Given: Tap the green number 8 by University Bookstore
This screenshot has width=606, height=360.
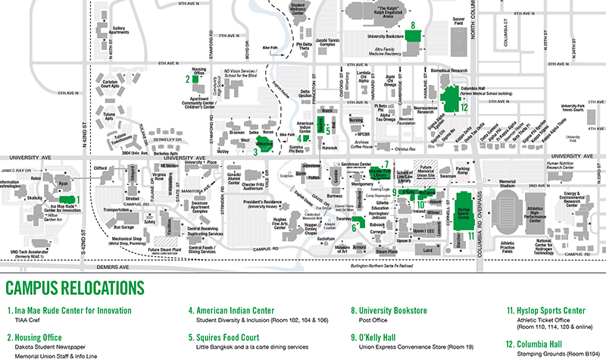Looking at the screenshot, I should pyautogui.click(x=412, y=24).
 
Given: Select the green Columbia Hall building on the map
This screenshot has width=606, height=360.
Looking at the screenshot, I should pyautogui.click(x=448, y=99).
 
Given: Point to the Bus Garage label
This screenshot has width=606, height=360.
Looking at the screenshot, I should pyautogui.click(x=123, y=227).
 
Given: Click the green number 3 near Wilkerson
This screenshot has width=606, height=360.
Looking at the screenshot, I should pyautogui.click(x=256, y=151).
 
